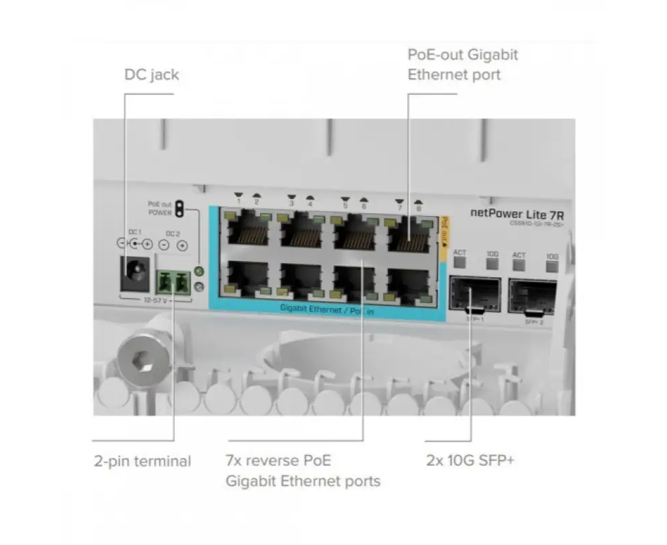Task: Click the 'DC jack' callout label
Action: pos(151,74)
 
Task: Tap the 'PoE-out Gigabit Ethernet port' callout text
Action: pos(462,64)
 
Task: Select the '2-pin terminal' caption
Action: pos(142,461)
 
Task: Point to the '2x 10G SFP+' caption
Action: pos(470,461)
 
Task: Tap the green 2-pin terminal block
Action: pos(173,281)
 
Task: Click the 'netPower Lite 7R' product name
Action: pos(518,213)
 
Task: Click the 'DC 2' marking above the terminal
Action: pos(173,234)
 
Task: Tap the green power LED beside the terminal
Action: pos(199,272)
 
